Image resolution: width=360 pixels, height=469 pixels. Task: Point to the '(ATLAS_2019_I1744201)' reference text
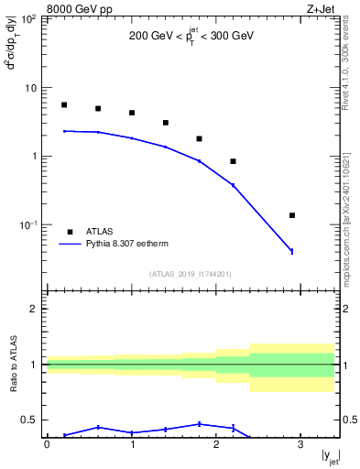pyautogui.click(x=191, y=272)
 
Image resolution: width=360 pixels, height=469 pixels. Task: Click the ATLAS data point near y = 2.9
pyautogui.click(x=292, y=215)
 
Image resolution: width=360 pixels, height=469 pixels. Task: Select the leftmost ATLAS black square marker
pyautogui.click(x=64, y=105)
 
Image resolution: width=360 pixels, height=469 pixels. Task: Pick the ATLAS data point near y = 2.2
pyautogui.click(x=234, y=161)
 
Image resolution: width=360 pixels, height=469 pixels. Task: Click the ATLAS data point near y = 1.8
pyautogui.click(x=200, y=139)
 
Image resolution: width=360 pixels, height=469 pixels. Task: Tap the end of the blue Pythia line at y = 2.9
pyautogui.click(x=292, y=251)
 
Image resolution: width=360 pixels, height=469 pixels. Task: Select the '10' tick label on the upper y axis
pyautogui.click(x=30, y=88)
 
